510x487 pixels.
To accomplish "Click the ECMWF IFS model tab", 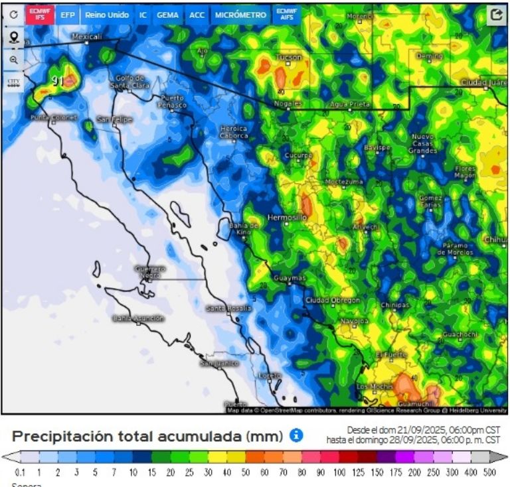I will tap(40, 15).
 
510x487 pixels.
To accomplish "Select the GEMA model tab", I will tap(167, 15).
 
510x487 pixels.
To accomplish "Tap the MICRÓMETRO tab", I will tap(240, 15).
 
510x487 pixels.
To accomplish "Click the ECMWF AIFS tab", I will tap(287, 15).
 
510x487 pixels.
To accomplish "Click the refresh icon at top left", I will tap(13, 15).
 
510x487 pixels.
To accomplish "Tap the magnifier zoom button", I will tap(13, 60).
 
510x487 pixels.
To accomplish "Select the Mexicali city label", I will tap(86, 37).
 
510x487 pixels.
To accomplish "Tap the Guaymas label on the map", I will tap(290, 278).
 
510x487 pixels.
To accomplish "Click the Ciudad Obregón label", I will tap(332, 301).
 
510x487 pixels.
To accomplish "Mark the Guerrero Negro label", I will tap(150, 271).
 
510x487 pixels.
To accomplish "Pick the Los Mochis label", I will tap(373, 386).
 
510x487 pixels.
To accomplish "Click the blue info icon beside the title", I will tap(296, 435).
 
